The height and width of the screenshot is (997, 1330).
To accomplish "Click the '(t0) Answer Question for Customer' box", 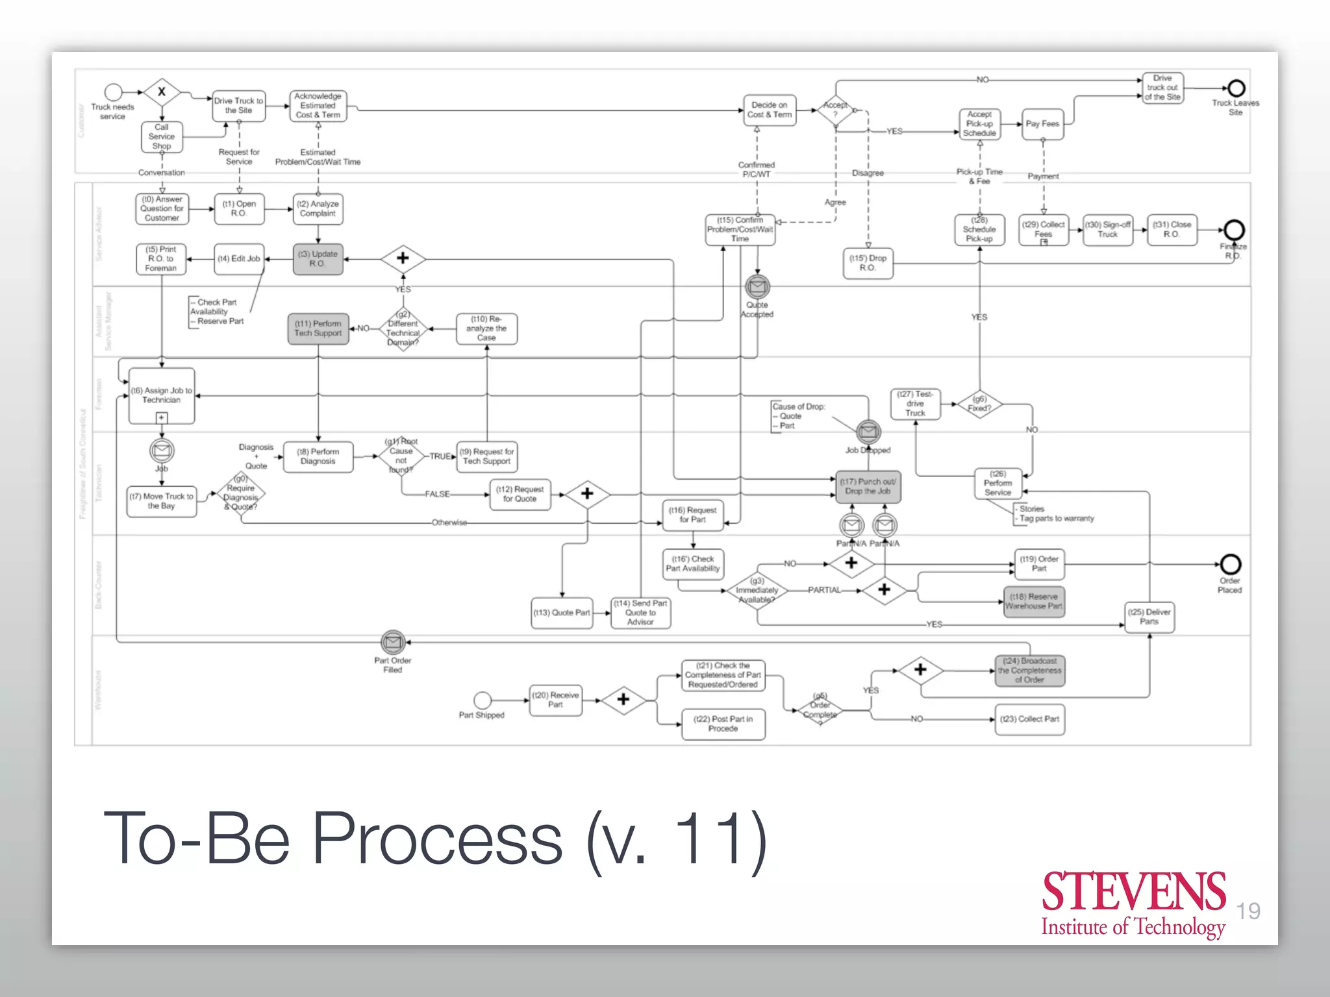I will tap(162, 209).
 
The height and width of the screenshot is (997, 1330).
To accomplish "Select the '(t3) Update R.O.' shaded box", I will tap(318, 259).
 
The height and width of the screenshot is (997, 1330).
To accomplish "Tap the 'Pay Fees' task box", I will tap(1042, 124).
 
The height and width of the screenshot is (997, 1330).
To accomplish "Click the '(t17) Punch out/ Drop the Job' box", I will tap(868, 487).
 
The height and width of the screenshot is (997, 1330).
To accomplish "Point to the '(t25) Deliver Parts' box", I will tap(1149, 617).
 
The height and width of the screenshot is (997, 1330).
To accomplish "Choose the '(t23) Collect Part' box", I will tap(1029, 719).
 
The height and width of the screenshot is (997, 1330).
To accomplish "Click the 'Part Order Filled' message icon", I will tap(393, 643).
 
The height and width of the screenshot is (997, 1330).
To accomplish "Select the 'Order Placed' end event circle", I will tap(1230, 563).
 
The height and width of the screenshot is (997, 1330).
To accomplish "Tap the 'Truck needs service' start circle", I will tap(114, 92).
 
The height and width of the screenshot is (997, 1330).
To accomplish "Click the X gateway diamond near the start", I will tap(162, 92).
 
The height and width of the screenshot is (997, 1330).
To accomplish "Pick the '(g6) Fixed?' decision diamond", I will tap(979, 404).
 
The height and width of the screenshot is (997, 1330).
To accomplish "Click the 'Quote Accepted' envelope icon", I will tap(757, 286).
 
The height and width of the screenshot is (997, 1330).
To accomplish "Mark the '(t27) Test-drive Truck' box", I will tap(915, 404).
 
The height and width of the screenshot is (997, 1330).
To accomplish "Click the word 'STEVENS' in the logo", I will tap(1133, 892).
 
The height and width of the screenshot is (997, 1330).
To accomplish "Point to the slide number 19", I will tap(1248, 911).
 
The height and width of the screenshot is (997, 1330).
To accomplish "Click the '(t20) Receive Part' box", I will tap(555, 700).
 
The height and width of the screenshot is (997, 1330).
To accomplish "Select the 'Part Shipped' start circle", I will tap(483, 700).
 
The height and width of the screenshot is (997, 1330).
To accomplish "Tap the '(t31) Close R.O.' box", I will tap(1172, 229).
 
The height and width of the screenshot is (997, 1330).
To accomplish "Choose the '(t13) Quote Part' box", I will tap(562, 613).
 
